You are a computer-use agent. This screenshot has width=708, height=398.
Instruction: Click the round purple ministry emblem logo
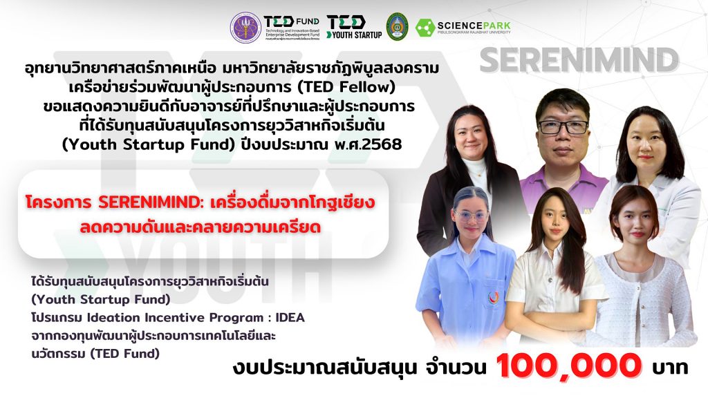click(x=245, y=27)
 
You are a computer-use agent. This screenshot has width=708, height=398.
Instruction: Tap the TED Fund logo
click(x=292, y=28)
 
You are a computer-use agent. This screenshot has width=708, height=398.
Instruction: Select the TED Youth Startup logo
click(x=354, y=27)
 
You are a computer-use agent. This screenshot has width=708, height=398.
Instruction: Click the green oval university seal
click(x=398, y=27)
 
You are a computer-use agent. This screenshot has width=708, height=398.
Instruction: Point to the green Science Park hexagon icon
click(x=425, y=28)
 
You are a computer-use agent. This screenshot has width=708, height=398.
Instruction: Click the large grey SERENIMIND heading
click(x=579, y=61)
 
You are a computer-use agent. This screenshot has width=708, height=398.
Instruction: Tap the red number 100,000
click(x=569, y=366)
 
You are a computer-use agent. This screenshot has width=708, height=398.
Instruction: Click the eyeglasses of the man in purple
click(x=563, y=127)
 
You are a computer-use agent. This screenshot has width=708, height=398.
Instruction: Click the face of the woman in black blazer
click(x=470, y=135)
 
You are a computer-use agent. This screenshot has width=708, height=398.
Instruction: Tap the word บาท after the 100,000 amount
click(x=670, y=368)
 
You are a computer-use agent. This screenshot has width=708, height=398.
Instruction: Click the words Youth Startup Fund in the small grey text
click(x=101, y=300)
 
